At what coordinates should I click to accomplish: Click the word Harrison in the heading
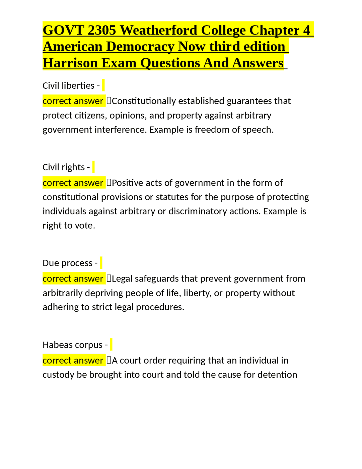(70, 63)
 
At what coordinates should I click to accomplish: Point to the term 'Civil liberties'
(68, 86)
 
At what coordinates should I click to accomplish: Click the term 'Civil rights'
(64, 167)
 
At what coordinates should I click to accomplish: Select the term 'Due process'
(67, 263)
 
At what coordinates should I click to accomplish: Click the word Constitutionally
(144, 101)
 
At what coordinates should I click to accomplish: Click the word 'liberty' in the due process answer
(197, 293)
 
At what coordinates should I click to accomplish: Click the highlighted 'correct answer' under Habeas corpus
(73, 361)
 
